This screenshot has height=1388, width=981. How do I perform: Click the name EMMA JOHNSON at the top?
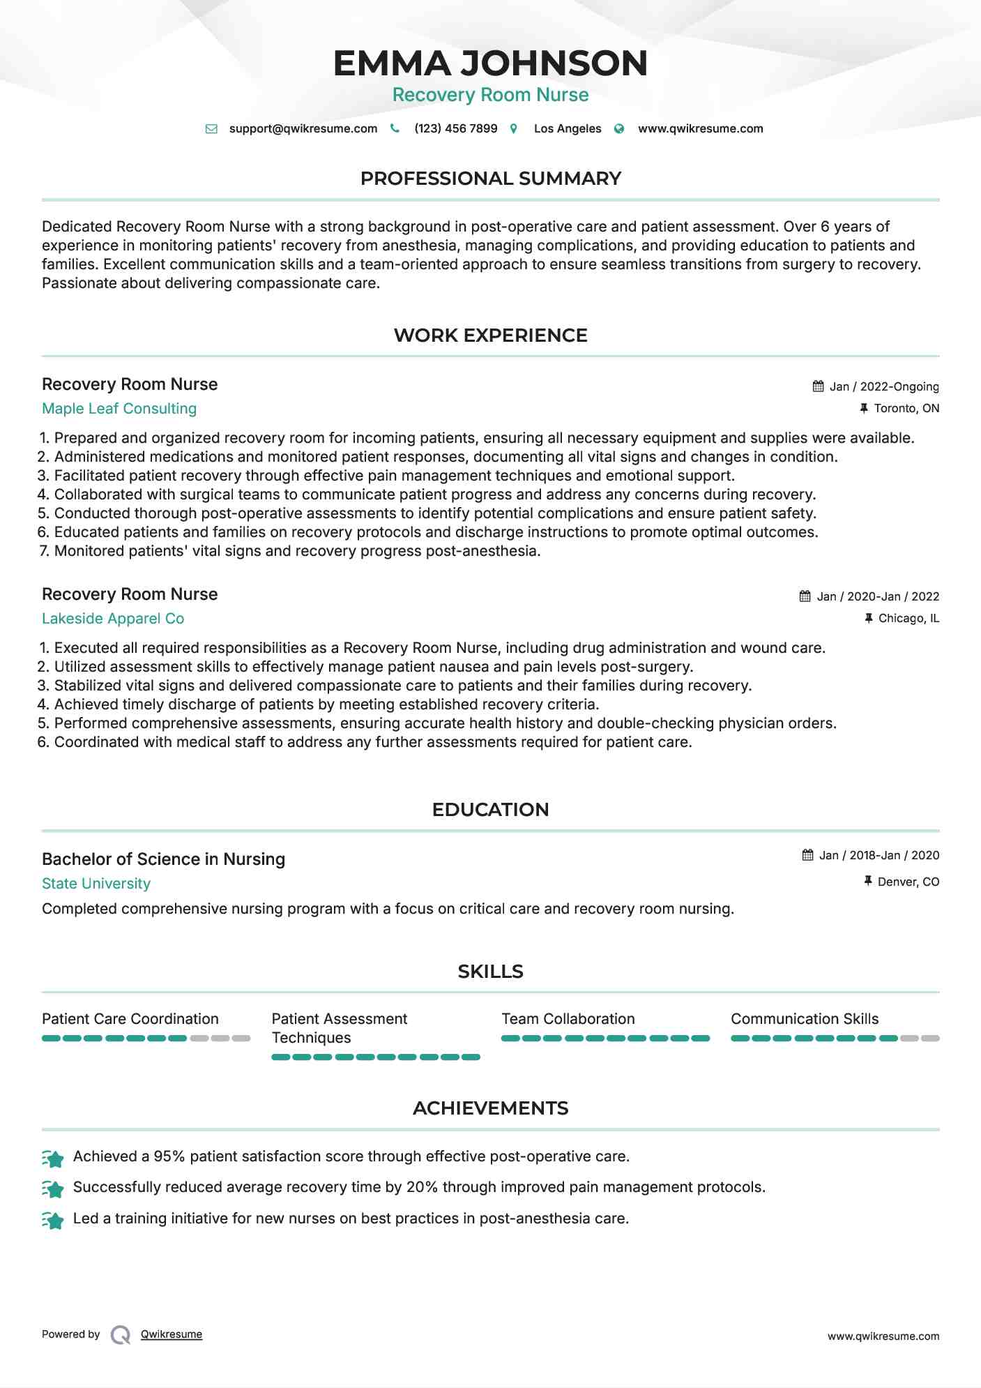tap(490, 63)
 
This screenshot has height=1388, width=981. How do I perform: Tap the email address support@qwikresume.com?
tap(303, 129)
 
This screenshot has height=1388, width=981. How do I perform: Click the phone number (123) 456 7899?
tap(455, 129)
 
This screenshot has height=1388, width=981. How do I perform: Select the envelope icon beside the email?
tap(211, 129)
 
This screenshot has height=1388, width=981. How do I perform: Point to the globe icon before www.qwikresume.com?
tap(619, 129)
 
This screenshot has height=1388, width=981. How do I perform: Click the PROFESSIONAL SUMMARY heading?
tap(490, 179)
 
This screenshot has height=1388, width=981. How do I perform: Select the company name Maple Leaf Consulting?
tap(119, 409)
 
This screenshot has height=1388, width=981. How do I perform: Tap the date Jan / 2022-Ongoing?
tap(883, 387)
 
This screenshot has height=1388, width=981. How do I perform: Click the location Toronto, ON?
tap(906, 409)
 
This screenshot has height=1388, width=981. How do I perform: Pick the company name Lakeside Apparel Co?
tap(113, 619)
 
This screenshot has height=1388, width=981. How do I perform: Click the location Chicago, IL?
tap(908, 619)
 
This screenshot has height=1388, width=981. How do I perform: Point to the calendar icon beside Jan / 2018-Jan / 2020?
tap(807, 855)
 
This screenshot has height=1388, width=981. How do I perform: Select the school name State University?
tap(96, 884)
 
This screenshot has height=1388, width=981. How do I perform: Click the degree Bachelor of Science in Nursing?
tap(163, 859)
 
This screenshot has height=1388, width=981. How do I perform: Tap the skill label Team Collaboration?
tap(568, 1019)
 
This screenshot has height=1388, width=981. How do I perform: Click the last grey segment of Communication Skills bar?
tap(930, 1039)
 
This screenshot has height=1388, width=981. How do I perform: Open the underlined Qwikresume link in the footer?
tap(172, 1334)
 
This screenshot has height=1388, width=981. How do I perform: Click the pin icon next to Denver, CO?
tap(868, 882)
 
